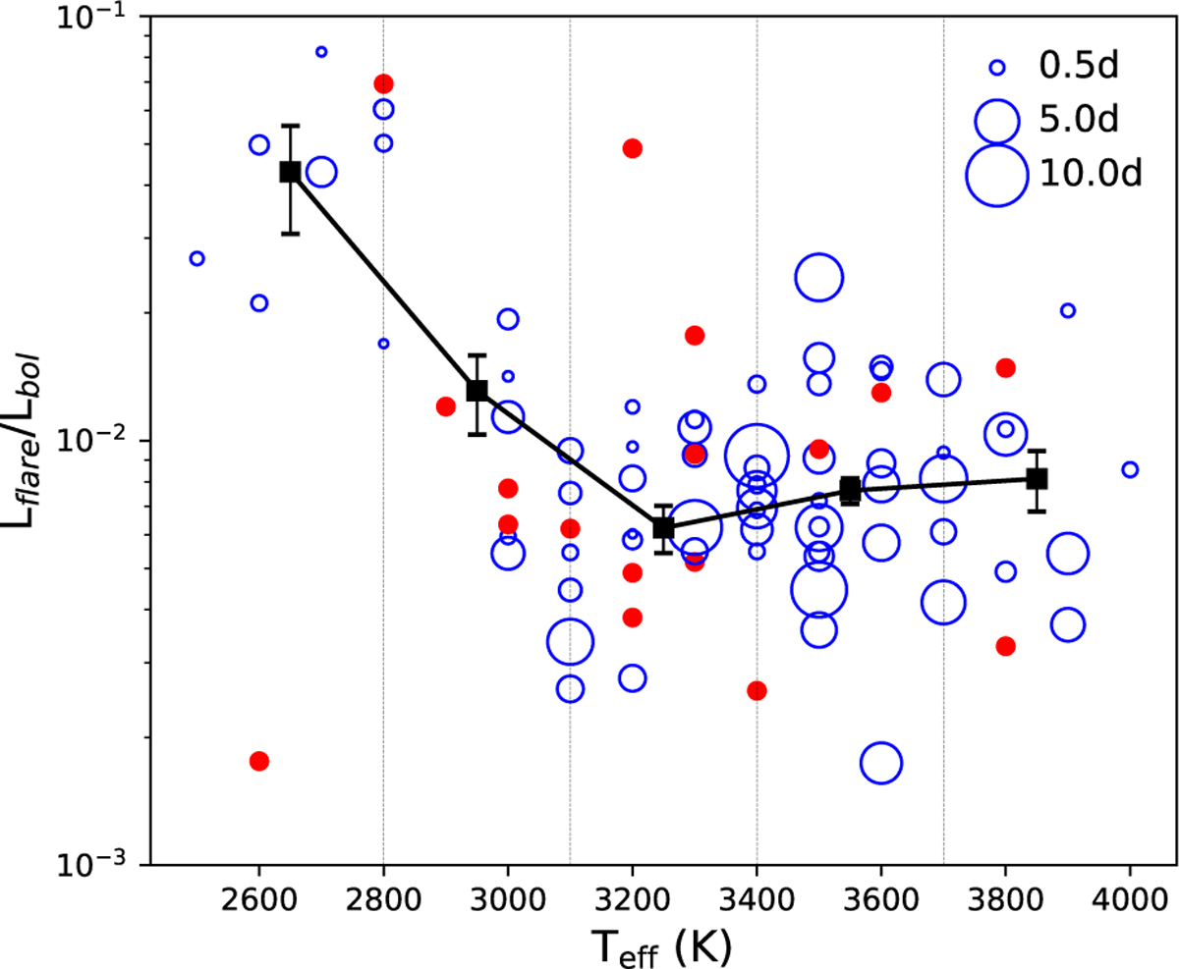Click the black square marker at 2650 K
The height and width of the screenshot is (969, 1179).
[290, 172]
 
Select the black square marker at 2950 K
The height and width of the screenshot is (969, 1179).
[477, 390]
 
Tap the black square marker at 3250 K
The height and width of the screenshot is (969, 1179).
[663, 527]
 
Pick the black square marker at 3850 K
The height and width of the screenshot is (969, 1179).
[1037, 478]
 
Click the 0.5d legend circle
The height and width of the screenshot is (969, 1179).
[997, 68]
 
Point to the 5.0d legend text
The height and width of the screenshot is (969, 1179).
[1078, 121]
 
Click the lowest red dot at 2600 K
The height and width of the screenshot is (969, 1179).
[259, 761]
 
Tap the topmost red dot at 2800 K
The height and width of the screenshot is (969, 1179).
[384, 83]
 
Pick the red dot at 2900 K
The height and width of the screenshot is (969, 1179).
[445, 406]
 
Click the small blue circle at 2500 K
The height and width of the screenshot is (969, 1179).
[196, 258]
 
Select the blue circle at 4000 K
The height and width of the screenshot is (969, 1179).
[1130, 469]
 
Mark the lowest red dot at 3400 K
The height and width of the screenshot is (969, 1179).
[757, 690]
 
